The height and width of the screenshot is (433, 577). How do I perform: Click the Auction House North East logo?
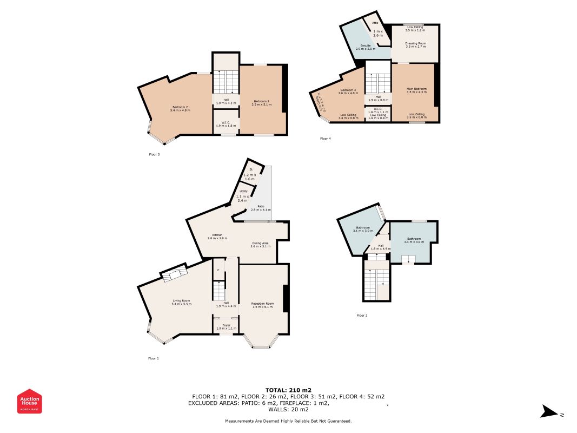tap(29, 401)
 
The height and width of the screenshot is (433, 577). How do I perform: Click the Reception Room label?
tap(262, 304)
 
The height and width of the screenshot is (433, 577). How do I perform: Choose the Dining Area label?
tap(260, 243)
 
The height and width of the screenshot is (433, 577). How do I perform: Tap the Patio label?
tap(261, 206)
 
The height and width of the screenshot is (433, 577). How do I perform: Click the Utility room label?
tap(244, 191)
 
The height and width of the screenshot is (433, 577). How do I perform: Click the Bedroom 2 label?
tap(180, 107)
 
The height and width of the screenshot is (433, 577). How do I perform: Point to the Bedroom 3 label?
tap(261, 101)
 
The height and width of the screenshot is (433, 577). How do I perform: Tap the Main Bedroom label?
tap(416, 88)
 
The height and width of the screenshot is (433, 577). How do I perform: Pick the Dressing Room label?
tap(415, 43)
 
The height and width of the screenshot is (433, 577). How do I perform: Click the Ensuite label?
tap(365, 45)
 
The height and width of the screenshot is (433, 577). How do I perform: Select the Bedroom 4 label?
tap(348, 90)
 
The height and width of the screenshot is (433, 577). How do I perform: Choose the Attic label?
tap(374, 23)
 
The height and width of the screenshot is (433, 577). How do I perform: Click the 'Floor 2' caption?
tap(362, 315)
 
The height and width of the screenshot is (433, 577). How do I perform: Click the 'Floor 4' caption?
tap(325, 139)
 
